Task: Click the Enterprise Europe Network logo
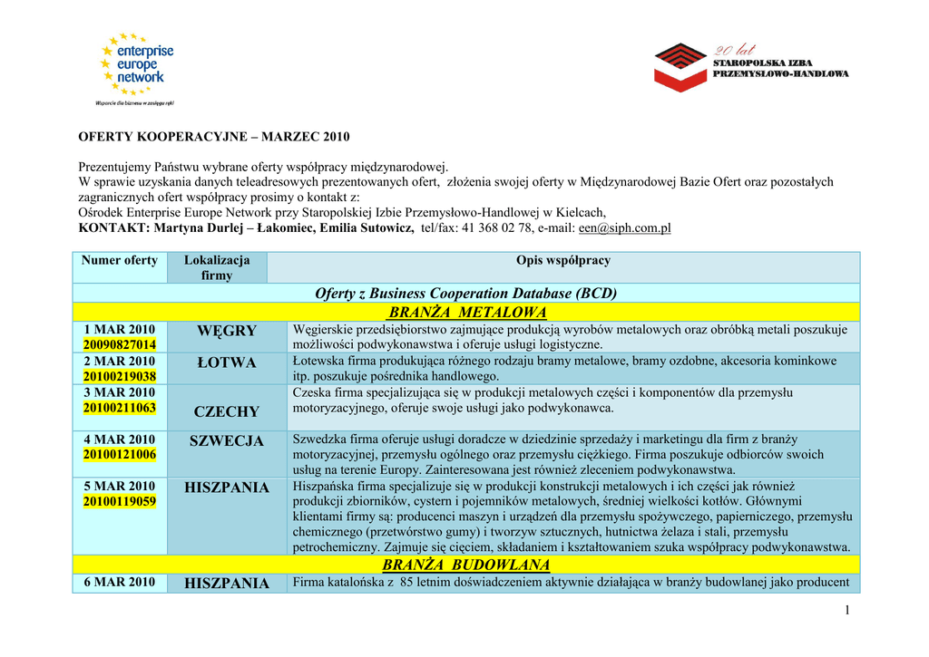tap(136, 68)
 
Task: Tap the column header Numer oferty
tap(119, 260)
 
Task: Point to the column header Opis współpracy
tap(562, 260)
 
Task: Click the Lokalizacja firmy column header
tap(217, 267)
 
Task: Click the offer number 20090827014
tap(119, 344)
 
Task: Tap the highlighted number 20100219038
tap(119, 376)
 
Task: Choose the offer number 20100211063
tap(119, 408)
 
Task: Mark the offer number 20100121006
tap(119, 454)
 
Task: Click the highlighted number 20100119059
tap(119, 501)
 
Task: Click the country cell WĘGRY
tap(227, 331)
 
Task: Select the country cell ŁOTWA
tap(227, 362)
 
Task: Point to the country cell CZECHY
tap(227, 412)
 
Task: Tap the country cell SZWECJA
tap(227, 441)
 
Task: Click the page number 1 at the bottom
tap(847, 610)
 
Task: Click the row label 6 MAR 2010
tap(119, 582)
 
